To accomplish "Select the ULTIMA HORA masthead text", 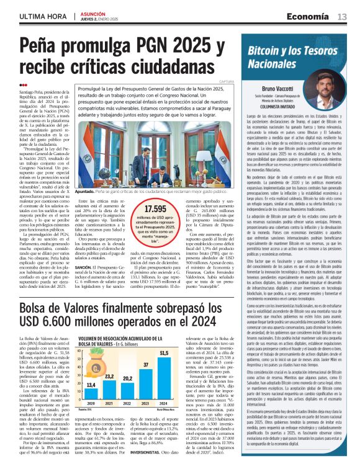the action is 42,16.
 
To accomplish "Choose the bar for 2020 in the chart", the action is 90,393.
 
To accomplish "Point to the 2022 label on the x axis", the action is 127,403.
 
